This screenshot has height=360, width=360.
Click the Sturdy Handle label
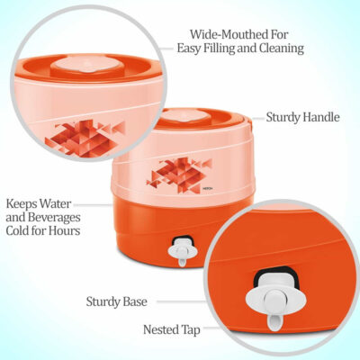point(302,117)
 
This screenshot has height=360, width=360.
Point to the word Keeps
point(22,204)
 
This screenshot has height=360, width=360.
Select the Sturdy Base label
point(117,301)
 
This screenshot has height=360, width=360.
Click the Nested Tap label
point(172,329)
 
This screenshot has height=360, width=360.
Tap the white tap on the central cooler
point(182,252)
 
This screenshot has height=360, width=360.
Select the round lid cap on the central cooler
point(183,116)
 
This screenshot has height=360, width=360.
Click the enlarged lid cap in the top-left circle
point(87,65)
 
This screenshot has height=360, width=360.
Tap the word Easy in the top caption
point(189,48)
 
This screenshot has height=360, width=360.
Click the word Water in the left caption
point(56,204)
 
